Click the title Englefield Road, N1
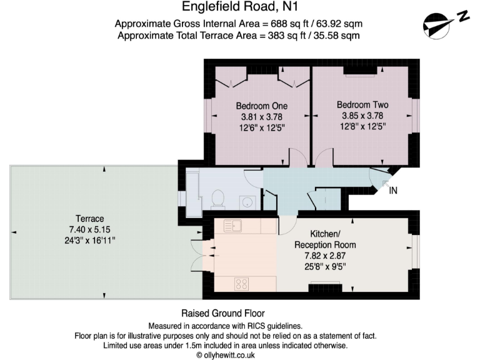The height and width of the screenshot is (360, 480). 239,7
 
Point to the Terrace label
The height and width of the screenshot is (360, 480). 89,219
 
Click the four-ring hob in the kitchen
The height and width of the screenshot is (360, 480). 242,284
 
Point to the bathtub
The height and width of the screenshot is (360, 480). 191,187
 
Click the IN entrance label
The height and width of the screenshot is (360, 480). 393,191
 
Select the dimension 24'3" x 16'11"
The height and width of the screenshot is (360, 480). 89,239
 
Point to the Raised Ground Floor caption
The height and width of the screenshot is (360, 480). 222,313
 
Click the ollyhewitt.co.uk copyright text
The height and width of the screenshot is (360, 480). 226,354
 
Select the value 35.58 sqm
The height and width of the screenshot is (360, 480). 337,35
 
